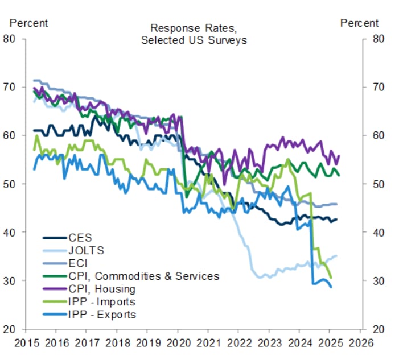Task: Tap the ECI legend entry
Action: pos(77,263)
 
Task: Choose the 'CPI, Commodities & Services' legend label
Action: pos(143,276)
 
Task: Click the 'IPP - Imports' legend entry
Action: pos(101,301)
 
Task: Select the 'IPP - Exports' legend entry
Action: pos(102,315)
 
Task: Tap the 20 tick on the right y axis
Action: pos(379,329)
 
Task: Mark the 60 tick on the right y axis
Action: pos(379,136)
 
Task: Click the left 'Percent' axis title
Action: pos(29,23)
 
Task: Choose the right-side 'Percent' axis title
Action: pos(359,23)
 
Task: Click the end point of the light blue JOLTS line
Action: pos(336,256)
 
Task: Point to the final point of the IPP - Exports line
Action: pos(331,287)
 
